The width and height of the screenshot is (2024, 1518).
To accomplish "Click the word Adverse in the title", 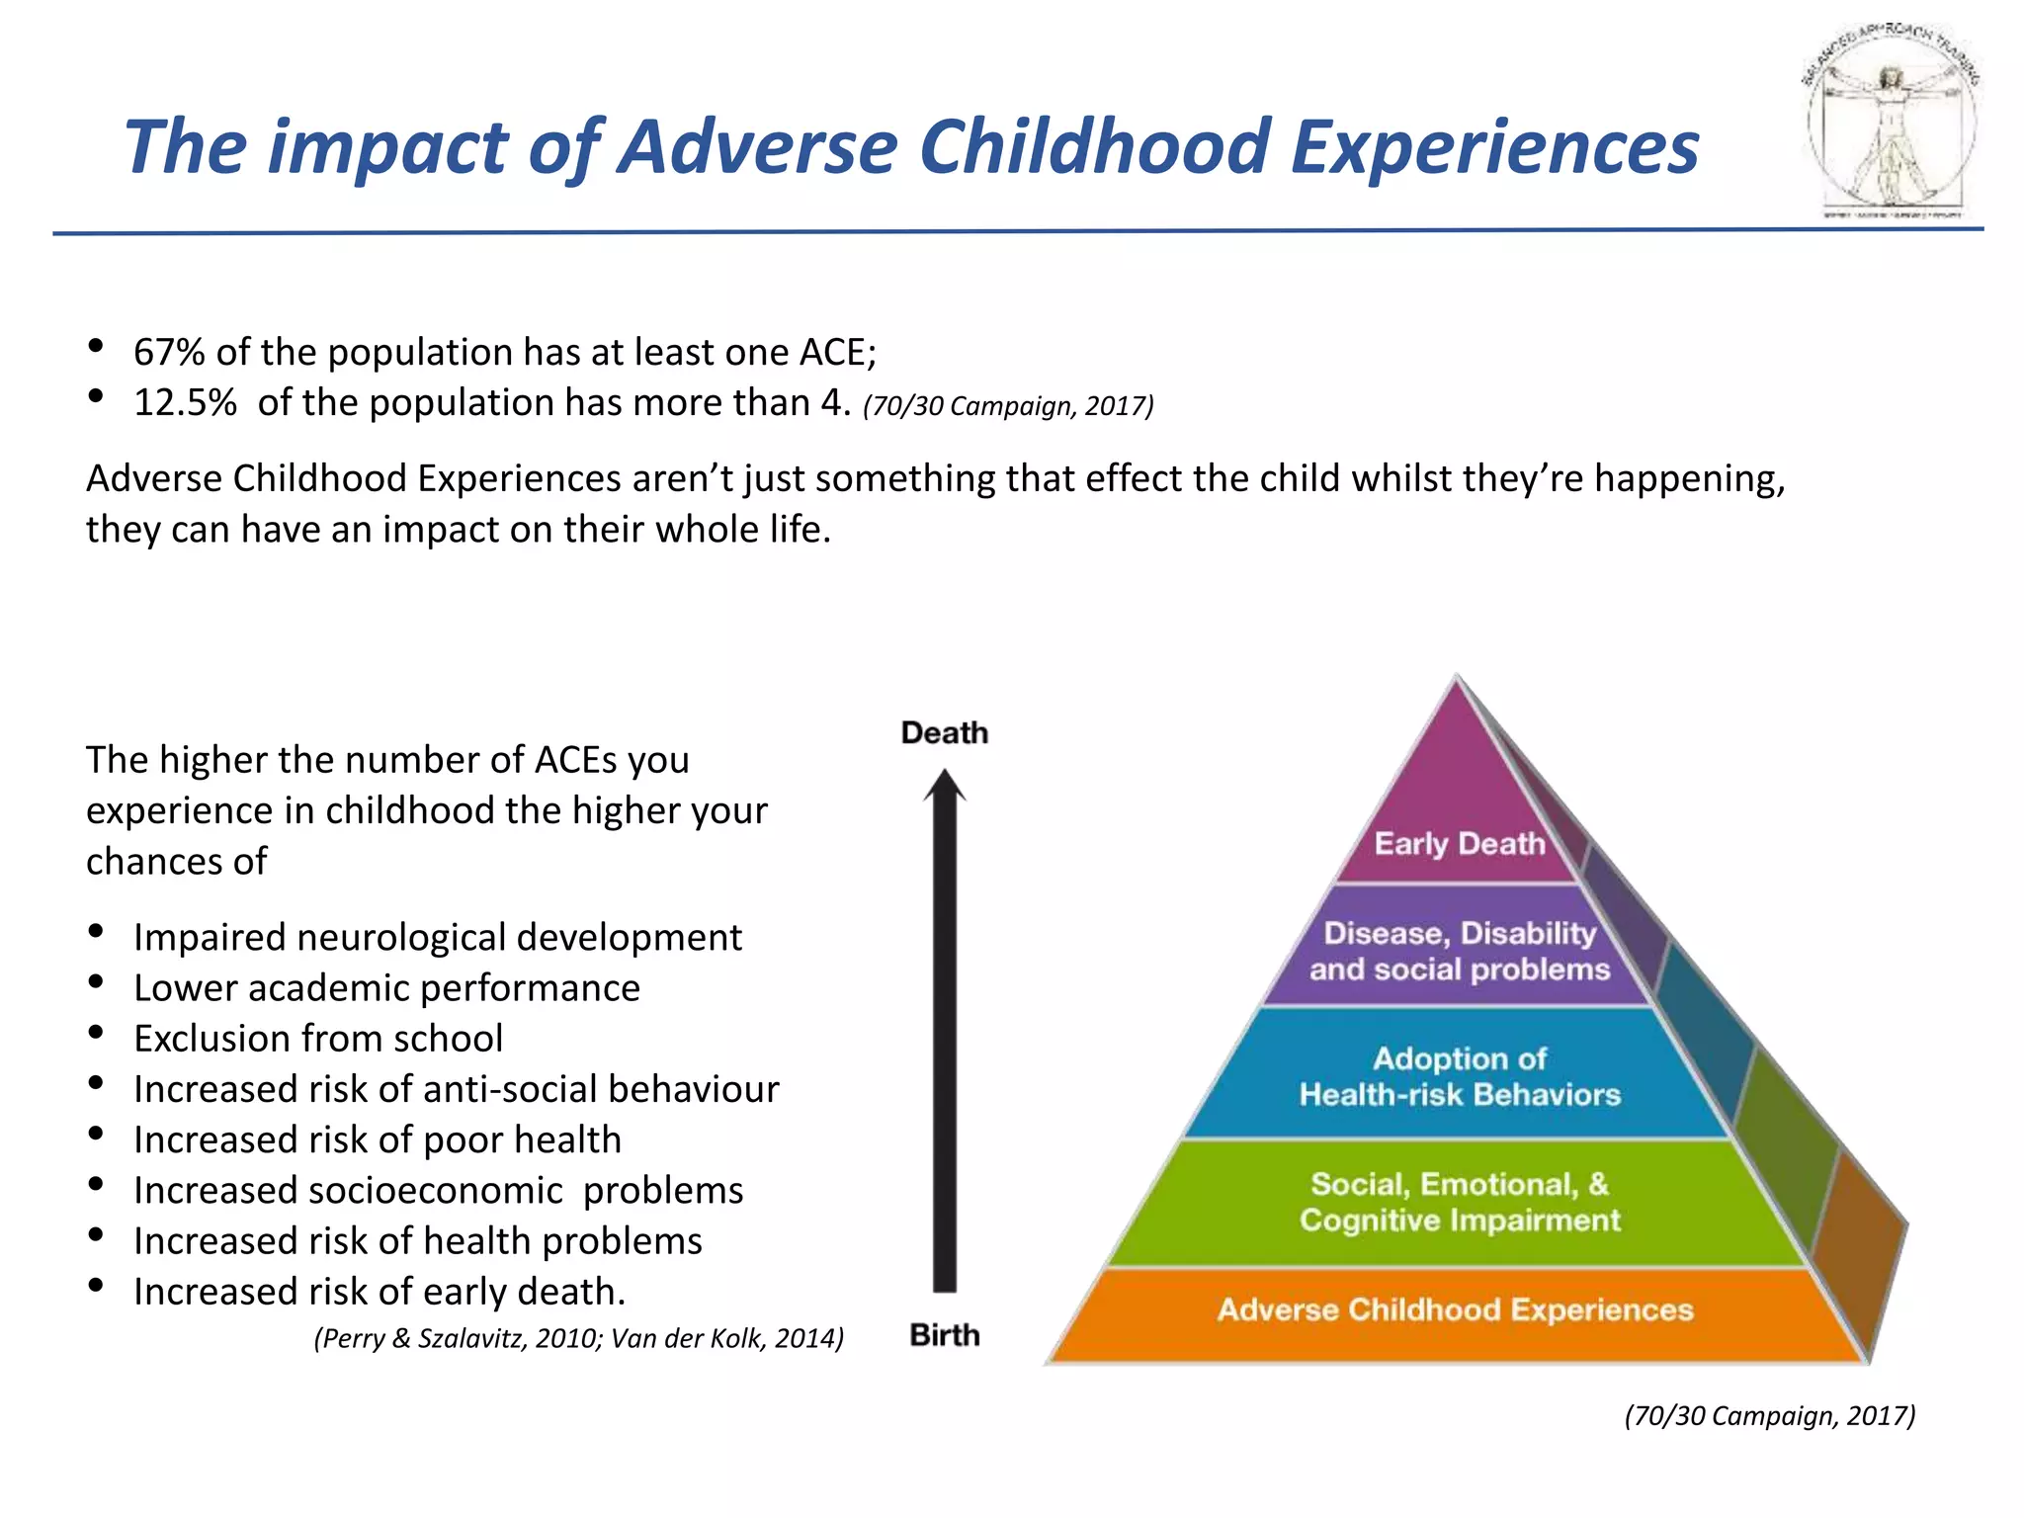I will coord(761,147).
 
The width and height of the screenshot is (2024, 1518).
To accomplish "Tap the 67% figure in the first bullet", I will coord(169,353).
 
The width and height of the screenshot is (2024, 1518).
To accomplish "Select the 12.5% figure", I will coord(185,403).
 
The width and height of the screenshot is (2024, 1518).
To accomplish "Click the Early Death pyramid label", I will coord(1459,844).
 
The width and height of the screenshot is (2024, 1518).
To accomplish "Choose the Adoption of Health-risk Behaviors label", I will coord(1459,1076).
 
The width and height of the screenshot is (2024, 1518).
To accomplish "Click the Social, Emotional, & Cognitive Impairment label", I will coord(1459,1202).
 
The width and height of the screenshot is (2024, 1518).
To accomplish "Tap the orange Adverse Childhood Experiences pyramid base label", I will coord(1455,1309).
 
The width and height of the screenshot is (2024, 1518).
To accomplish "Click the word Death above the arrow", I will coord(944,733).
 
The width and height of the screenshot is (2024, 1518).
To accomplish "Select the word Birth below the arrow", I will coord(944,1335).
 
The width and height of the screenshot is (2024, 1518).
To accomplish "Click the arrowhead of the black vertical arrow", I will coord(945,787).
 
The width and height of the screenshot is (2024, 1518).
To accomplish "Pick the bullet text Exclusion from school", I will coord(318,1039).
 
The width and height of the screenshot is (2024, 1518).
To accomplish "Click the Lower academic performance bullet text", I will coord(386,988).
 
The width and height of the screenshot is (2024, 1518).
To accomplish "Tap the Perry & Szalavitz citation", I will coord(578,1338).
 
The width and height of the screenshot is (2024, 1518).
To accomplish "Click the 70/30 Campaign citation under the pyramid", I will coord(1769,1415).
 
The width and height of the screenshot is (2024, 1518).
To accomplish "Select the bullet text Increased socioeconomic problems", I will coord(438,1191).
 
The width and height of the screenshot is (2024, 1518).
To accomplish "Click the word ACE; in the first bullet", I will coord(837,353).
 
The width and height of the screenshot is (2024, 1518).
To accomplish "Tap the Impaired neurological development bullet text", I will coord(437,938).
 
